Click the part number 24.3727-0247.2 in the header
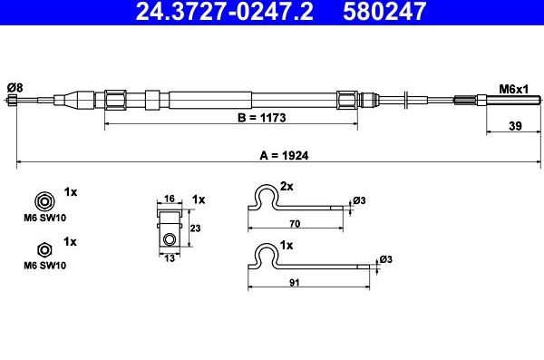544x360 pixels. coord(224,11)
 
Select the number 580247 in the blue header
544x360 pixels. coord(384,11)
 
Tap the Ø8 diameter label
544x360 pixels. coord(15,88)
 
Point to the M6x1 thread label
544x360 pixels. coord(513,90)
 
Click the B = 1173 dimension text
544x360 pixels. coord(262,118)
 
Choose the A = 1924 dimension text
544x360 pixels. coord(284,156)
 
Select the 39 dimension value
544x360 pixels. coord(515,126)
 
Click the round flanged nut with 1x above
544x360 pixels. coord(44,201)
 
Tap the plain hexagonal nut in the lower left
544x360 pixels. coord(44,250)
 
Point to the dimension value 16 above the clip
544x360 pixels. coord(169,199)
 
